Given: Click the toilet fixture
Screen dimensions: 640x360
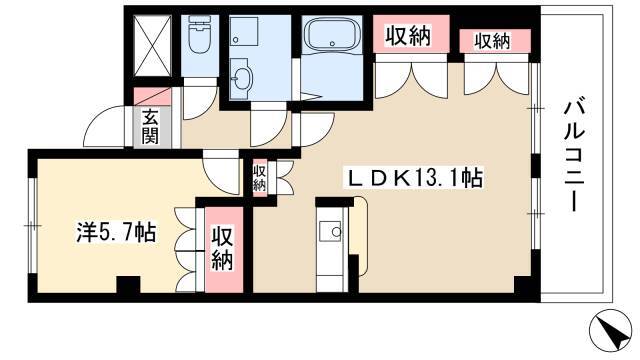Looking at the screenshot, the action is (199, 35).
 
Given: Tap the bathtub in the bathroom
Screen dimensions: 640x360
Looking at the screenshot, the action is (332, 33).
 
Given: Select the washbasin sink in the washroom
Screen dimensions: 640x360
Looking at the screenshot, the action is (242, 78).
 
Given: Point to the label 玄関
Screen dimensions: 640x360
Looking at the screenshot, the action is (150, 127).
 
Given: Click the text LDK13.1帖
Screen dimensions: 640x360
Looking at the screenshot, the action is (415, 179).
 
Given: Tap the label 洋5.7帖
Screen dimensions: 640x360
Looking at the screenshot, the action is (116, 232).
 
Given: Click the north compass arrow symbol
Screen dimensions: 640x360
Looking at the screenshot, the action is (612, 329).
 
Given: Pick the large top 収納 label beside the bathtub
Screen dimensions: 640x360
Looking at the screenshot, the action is (409, 36).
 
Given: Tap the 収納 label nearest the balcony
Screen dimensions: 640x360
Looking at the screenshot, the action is (492, 41).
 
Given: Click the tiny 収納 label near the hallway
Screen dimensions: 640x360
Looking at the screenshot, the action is (259, 178).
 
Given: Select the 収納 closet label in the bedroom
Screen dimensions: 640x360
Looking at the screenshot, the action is (222, 249).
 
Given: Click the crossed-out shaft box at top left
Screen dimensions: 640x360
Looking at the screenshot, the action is (153, 46).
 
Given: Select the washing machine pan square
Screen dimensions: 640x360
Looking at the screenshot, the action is (243, 31).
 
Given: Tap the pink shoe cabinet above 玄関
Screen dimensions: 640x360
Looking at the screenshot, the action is (152, 97).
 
